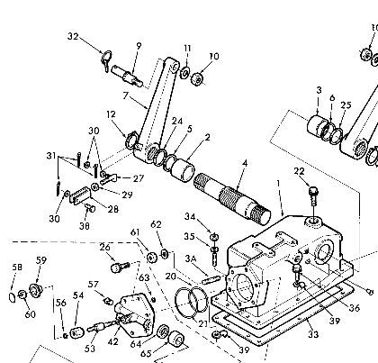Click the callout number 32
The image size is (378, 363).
pos(73,36)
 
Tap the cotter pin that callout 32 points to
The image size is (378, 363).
pos(107,60)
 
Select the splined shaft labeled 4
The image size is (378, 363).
pos(232,198)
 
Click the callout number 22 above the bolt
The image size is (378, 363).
pos(299,171)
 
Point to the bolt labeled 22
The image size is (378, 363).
pos(313,195)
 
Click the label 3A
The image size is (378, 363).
pos(191,259)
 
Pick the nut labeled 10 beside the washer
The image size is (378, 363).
pos(197,79)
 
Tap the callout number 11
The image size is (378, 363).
pos(187,49)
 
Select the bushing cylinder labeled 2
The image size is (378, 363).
pos(183,170)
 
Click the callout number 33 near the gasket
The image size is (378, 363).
pos(313,333)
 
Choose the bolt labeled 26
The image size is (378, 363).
pos(119,267)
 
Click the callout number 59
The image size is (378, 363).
pos(41,260)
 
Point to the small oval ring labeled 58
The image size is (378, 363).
pos(13,297)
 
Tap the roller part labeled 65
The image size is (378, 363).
pos(176,339)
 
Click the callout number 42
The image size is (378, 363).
pos(113,341)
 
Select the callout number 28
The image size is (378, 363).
pos(113,209)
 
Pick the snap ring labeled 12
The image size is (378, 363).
pos(131,140)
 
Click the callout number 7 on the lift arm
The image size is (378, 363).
pos(125,95)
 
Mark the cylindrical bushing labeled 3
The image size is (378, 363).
pos(318,127)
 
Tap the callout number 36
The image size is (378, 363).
pos(354,308)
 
